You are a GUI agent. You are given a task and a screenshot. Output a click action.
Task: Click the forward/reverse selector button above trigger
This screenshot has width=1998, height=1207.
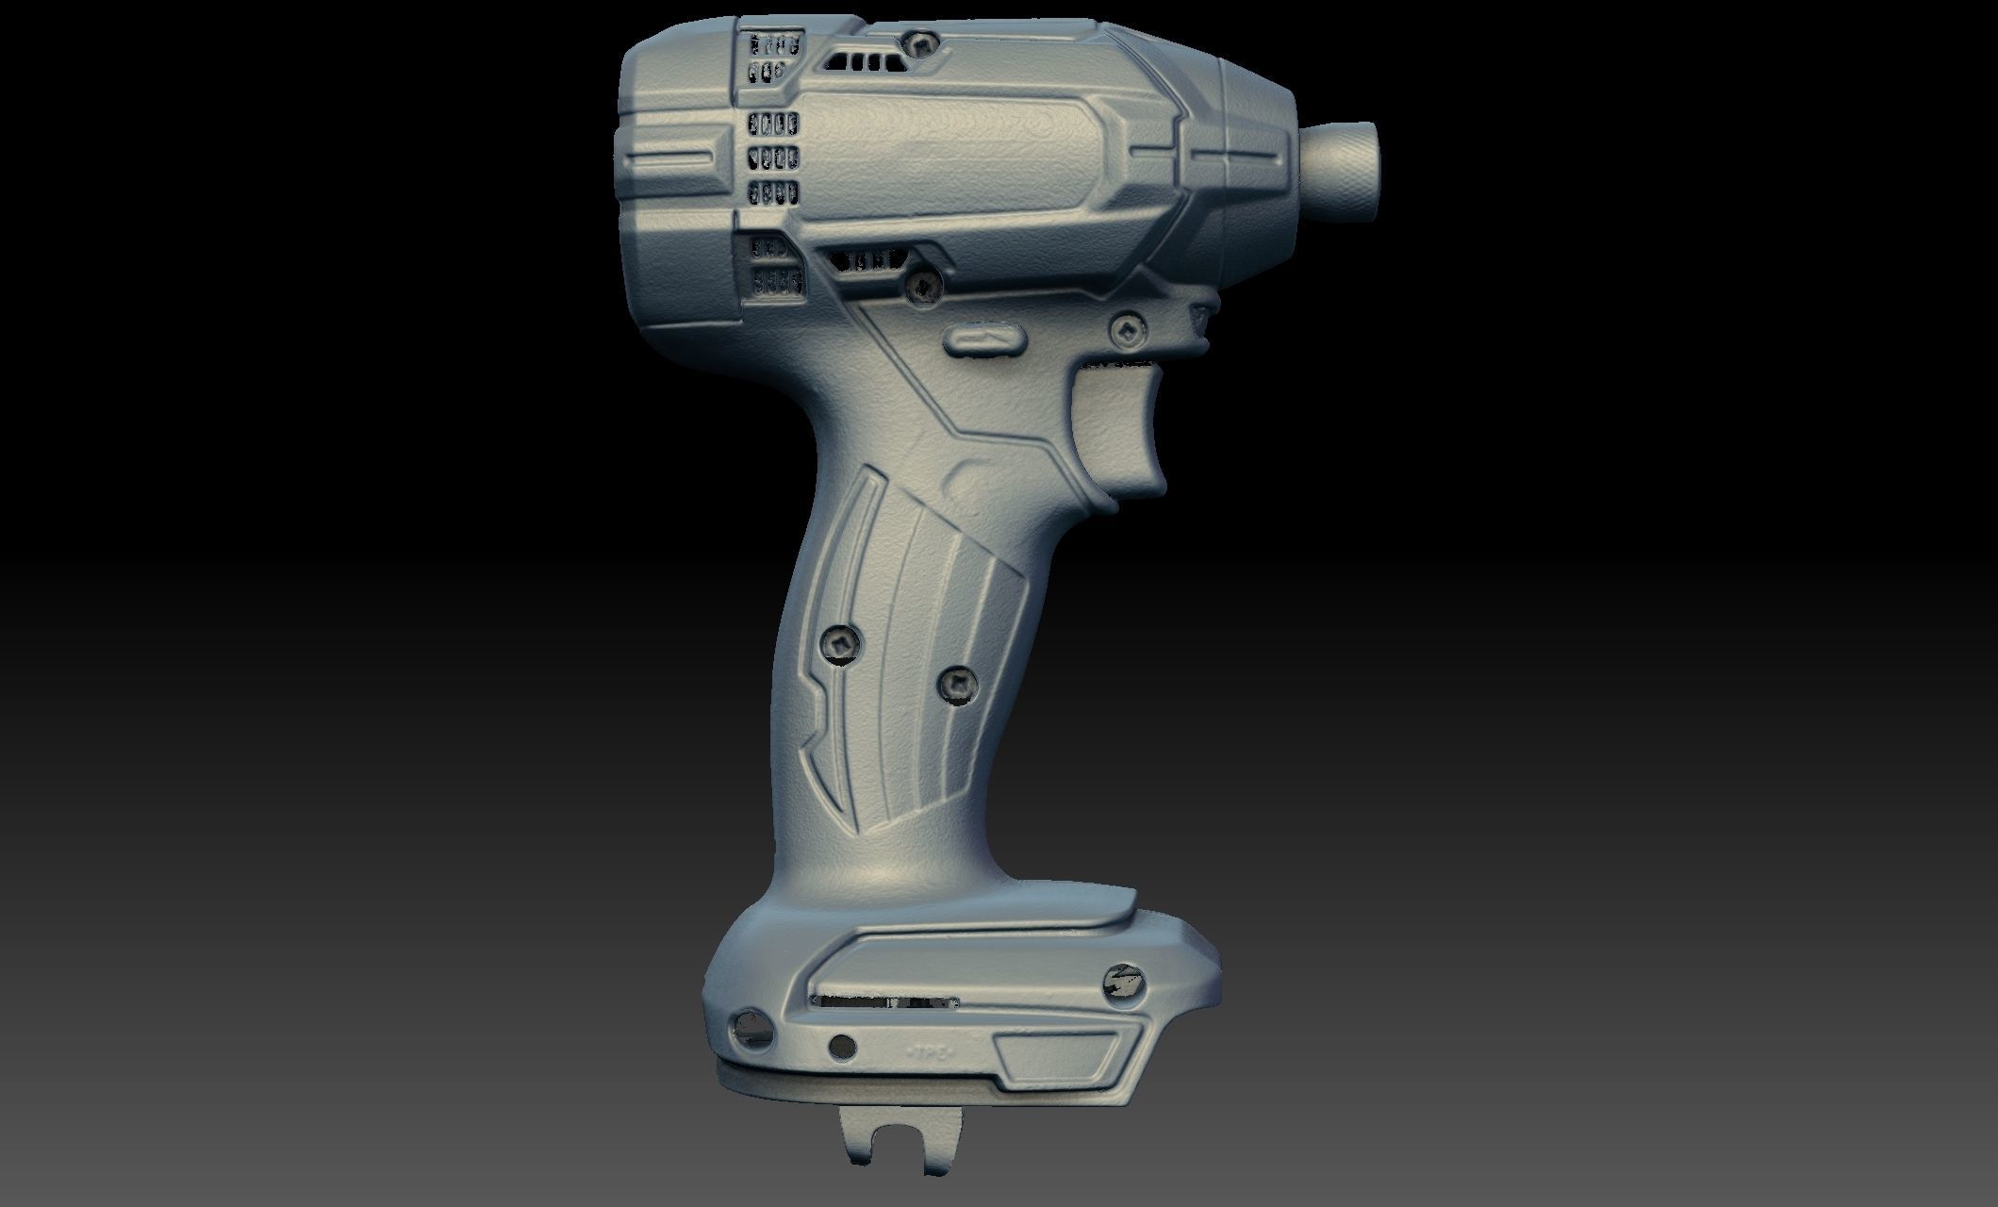click(x=983, y=340)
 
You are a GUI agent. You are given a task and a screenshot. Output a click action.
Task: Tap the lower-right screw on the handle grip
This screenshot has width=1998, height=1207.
click(x=957, y=681)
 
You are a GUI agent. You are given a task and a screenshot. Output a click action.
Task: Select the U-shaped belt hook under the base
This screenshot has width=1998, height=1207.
click(x=897, y=1136)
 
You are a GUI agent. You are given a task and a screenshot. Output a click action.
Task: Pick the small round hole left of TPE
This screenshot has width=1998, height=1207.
click(x=841, y=1046)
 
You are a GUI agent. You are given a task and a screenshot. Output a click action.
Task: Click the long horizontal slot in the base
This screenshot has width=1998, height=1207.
click(x=886, y=1001)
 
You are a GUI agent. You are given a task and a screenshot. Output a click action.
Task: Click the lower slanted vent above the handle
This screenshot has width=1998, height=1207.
click(x=867, y=260)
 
